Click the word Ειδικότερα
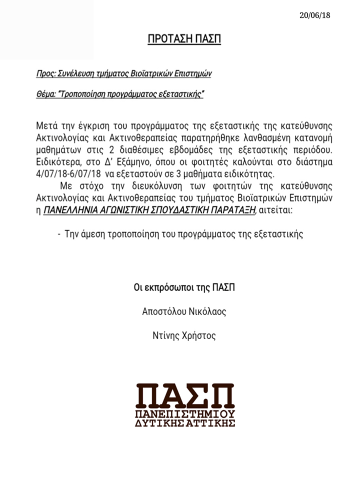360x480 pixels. (x=57, y=162)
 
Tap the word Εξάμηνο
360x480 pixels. (x=133, y=162)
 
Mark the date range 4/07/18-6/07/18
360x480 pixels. (x=68, y=174)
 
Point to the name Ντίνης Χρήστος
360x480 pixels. (x=184, y=336)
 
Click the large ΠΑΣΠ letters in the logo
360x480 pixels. (x=185, y=395)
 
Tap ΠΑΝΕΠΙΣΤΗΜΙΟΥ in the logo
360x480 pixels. (x=185, y=415)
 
